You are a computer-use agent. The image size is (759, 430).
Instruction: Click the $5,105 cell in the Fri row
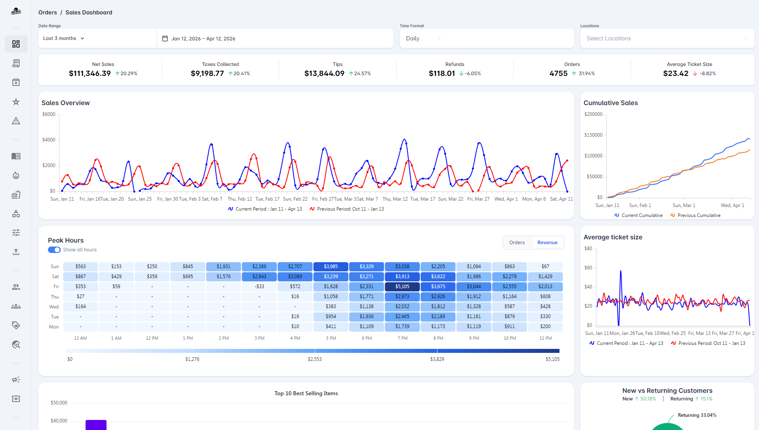(x=402, y=287)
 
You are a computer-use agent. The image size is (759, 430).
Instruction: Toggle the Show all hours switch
(x=54, y=250)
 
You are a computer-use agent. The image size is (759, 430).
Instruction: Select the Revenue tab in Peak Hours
(x=547, y=243)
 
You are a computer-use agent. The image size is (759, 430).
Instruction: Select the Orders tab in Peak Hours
(x=517, y=243)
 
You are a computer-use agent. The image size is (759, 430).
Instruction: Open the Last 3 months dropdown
(x=64, y=38)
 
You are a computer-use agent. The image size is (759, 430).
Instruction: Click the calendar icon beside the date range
(x=165, y=38)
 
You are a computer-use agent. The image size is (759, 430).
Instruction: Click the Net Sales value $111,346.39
(x=90, y=74)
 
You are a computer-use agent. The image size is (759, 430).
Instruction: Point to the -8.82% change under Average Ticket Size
(x=707, y=74)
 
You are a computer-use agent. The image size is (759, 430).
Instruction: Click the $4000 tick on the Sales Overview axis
(x=49, y=140)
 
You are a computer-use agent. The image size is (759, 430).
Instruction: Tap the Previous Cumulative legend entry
(x=699, y=215)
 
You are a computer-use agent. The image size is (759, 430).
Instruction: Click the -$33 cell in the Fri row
(x=259, y=287)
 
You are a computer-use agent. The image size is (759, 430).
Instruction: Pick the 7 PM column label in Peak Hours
(x=402, y=338)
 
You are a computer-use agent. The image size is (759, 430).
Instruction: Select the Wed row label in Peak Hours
(x=54, y=307)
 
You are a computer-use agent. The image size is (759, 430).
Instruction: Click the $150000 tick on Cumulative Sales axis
(x=593, y=135)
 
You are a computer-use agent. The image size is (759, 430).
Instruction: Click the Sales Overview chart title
(x=66, y=103)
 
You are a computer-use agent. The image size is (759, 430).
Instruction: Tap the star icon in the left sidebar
(x=16, y=102)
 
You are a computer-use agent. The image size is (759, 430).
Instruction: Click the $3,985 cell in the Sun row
(x=331, y=267)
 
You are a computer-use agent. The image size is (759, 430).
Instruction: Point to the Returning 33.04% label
(x=697, y=415)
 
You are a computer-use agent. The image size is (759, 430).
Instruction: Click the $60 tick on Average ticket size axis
(x=588, y=268)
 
